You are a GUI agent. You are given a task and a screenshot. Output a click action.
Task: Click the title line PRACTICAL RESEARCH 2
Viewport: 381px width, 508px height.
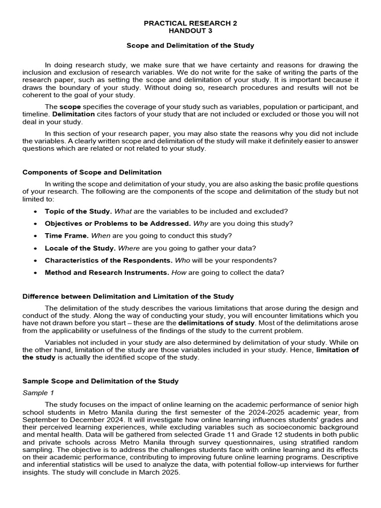(x=190, y=23)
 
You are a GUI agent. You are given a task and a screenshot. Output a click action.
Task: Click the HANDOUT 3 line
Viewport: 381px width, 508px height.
(x=190, y=31)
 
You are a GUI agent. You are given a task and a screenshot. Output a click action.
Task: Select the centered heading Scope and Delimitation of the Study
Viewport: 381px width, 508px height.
(x=190, y=46)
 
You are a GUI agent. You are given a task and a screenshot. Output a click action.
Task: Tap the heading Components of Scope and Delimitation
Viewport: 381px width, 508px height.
(x=92, y=172)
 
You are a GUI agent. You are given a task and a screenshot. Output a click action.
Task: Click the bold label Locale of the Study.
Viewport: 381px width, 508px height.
(x=80, y=248)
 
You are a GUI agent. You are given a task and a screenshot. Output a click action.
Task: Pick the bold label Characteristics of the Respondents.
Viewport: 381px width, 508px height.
(x=109, y=260)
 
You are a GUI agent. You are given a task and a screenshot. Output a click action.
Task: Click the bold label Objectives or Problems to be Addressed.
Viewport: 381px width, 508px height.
(x=118, y=223)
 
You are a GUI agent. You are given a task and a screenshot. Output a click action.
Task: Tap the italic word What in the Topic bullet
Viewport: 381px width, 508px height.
(x=123, y=211)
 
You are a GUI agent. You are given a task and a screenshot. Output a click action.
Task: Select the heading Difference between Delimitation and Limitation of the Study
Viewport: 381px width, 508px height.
(x=128, y=297)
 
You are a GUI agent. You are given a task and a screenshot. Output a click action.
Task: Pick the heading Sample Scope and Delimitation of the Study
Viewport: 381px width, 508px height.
(x=101, y=381)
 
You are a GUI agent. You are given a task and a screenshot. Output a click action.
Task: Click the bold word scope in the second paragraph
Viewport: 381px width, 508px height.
(x=70, y=107)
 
